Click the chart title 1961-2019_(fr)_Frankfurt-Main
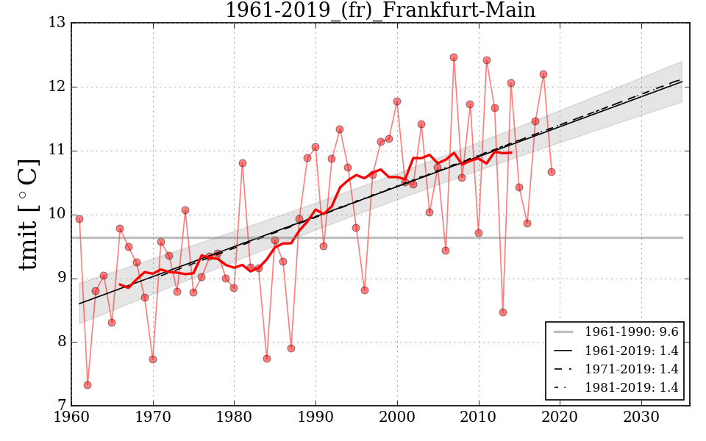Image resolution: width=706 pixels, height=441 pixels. tap(380, 11)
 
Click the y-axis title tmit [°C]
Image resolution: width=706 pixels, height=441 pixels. tap(28, 214)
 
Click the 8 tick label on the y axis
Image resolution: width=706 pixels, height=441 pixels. tap(60, 342)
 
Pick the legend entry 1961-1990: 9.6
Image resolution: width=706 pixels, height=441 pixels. tap(631, 331)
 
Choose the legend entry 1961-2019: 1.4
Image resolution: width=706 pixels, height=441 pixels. tap(631, 350)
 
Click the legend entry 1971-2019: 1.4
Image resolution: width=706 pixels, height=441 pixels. tap(631, 369)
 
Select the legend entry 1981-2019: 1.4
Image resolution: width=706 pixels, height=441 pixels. tap(631, 387)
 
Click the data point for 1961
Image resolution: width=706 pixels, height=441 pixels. tap(79, 219)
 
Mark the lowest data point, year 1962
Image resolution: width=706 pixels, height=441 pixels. tap(88, 385)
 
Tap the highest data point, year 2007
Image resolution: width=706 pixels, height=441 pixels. tap(454, 57)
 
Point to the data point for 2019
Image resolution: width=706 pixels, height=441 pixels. tap(552, 172)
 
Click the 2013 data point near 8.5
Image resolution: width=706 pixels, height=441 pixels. tap(503, 312)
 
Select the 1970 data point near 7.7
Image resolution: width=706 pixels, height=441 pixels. tap(153, 359)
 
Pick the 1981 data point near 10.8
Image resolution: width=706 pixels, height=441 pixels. tap(243, 163)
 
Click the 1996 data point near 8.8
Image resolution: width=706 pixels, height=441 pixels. tap(365, 290)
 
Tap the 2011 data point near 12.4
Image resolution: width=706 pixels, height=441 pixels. tap(487, 60)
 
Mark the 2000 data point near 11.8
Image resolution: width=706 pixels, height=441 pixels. tap(397, 101)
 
